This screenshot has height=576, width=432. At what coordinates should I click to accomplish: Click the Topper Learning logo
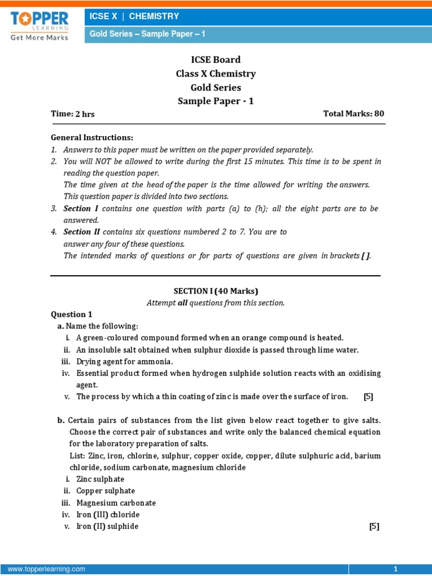tap(39, 25)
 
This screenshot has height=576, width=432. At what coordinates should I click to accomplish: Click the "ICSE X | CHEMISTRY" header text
tap(134, 16)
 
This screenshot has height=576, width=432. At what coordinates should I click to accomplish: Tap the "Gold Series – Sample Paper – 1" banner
tap(148, 34)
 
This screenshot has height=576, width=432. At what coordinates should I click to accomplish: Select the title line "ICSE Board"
tap(216, 60)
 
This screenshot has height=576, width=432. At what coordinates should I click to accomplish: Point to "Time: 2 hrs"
tap(73, 114)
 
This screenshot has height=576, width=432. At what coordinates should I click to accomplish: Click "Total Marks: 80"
tap(353, 114)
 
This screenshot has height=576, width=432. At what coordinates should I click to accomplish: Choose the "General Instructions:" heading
tap(92, 137)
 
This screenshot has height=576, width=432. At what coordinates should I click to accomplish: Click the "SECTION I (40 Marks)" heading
tap(215, 291)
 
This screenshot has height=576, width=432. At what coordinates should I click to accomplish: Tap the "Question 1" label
tap(71, 314)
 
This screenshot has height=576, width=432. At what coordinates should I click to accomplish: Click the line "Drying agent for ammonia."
tap(125, 361)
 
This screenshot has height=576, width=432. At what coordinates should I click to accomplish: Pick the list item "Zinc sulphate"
tap(100, 479)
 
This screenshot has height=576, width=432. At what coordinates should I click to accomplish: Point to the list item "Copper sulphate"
tap(105, 491)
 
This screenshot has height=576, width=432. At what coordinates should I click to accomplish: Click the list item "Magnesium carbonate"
tap(116, 503)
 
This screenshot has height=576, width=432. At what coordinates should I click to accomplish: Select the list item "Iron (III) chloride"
tap(108, 515)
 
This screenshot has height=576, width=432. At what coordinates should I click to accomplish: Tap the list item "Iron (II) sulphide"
tap(107, 526)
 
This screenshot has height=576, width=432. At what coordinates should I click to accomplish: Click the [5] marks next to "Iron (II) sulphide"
tap(374, 526)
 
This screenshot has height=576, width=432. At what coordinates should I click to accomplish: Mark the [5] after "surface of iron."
tap(368, 397)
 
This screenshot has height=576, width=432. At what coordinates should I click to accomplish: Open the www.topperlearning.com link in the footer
tap(47, 569)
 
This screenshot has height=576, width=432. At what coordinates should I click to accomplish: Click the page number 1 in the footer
tap(395, 569)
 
